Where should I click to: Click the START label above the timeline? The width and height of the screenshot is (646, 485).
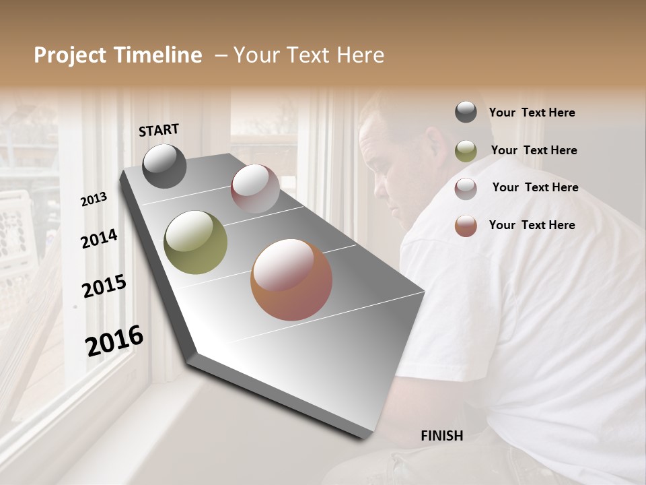tap(159, 130)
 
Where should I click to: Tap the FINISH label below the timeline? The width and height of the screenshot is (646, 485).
tap(441, 436)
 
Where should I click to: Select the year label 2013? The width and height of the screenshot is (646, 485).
tap(94, 199)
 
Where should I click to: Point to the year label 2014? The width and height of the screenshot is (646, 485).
tap(99, 238)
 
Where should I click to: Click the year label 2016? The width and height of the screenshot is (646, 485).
tap(114, 341)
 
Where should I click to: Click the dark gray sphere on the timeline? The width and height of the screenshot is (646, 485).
tap(164, 166)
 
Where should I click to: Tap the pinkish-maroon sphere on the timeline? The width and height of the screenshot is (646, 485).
tap(255, 189)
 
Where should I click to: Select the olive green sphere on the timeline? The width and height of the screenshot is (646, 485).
tap(195, 243)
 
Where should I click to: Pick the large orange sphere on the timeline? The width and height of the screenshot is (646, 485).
tap(291, 280)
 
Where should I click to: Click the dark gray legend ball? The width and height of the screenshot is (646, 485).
tap(466, 112)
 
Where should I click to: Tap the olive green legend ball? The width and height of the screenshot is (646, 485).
tap(466, 151)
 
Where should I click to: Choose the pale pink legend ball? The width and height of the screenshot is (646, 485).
tap(466, 188)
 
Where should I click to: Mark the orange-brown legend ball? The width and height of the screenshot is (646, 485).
tap(466, 226)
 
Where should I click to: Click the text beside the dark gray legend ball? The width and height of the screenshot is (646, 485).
tap(532, 113)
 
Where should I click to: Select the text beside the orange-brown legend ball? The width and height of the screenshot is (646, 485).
tap(532, 225)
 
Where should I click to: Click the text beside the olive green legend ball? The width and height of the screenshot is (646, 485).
tap(534, 150)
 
